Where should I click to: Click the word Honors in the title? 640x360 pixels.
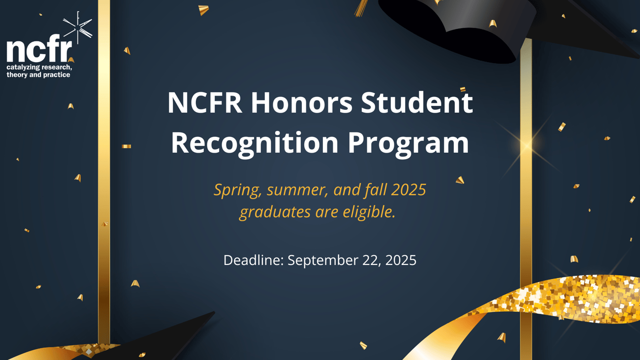click(x=302, y=102)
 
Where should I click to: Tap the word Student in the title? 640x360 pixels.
click(x=417, y=102)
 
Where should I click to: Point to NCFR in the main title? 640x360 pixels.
click(x=205, y=102)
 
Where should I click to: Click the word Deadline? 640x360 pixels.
click(x=254, y=260)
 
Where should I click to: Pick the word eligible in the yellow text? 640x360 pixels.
click(x=369, y=212)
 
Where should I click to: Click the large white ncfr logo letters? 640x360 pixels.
click(x=39, y=48)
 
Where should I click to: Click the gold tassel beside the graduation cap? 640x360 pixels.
click(x=361, y=8)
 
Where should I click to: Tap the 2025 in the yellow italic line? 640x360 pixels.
click(x=409, y=190)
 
